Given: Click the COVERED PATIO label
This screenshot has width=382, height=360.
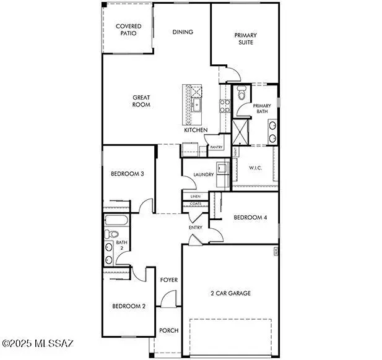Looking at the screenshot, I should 128,29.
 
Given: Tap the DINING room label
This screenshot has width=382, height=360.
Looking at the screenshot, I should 183,32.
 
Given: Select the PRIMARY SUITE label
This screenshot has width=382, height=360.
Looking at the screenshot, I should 245,39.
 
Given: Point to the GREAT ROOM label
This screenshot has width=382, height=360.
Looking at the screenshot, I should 142,101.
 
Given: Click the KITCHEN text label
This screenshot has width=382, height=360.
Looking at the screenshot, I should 196,130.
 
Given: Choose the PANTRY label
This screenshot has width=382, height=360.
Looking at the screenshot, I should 216,147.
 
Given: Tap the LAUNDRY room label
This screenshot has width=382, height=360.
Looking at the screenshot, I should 203,174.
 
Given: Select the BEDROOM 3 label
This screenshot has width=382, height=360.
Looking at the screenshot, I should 128,174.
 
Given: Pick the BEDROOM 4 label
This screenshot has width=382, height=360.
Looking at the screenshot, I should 250,217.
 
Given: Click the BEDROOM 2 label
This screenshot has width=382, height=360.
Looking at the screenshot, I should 129,306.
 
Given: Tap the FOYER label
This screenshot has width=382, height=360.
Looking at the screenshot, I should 169,280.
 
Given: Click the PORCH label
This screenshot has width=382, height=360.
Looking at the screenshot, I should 169,330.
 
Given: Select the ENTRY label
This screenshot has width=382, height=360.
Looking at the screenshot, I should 196,228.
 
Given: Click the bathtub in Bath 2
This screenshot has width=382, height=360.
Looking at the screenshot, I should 117,220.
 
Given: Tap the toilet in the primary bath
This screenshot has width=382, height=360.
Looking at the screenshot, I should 241,95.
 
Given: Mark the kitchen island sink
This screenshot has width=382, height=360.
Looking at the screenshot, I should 197,105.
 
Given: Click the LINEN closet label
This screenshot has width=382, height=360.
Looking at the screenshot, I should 195,196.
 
